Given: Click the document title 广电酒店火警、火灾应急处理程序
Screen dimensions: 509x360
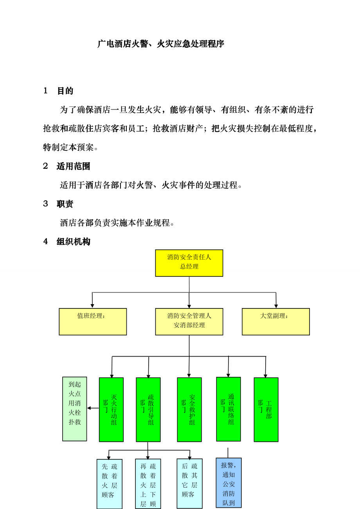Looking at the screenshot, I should coord(160,44).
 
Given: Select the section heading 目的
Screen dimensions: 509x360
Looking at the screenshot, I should coord(65,91).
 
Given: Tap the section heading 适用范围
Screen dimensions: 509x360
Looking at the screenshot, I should coord(73,166).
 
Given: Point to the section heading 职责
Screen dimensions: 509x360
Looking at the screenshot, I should coord(65,204).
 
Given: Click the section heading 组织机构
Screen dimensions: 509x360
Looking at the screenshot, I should coord(73,242).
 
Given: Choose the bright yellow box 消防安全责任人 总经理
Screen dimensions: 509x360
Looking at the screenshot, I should coord(189,263).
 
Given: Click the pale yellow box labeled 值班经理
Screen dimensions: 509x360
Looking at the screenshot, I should coord(93,322).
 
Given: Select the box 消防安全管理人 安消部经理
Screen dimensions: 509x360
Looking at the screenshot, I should coord(189,322).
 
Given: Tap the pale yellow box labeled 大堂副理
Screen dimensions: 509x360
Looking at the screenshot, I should coord(275,322).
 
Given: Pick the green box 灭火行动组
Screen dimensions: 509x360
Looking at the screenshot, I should coord(111,409).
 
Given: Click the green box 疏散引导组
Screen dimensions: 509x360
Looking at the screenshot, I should coord(148,409).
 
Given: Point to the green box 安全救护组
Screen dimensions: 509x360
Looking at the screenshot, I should coord(189,409).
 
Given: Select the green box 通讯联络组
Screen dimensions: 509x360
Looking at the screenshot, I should coord(229,409).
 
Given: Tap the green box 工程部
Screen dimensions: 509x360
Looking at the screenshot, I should coord(266,409).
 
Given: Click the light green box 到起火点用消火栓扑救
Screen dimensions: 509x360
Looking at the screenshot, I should coord(75,409).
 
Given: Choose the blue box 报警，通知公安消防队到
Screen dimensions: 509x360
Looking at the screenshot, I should coord(229,483).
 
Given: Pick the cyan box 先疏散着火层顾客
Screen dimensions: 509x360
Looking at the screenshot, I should coord(110,484).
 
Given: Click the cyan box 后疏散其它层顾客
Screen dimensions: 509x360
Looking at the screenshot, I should coord(190,484).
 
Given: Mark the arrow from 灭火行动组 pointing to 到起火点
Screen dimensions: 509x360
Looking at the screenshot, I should coord(93,408).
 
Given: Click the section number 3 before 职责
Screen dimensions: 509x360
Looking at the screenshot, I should coord(45,204).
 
